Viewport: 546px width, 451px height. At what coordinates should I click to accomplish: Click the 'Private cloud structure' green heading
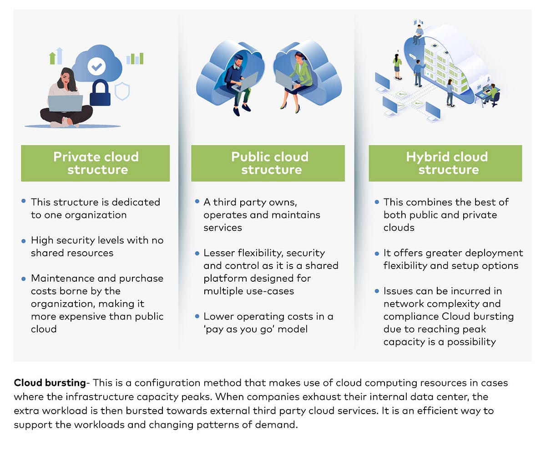tap(96, 163)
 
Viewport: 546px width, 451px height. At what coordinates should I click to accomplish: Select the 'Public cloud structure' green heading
tap(269, 163)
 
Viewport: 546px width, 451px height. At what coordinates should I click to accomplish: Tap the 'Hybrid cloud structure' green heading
tap(447, 163)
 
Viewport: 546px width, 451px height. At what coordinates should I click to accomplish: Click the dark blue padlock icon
tap(100, 93)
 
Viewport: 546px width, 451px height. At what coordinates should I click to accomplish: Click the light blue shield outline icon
tap(122, 91)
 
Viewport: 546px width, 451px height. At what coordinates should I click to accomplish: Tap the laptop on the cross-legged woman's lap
tap(65, 103)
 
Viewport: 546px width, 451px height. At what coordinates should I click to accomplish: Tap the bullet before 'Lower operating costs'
tap(197, 315)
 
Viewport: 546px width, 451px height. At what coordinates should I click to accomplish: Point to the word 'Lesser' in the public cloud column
tap(218, 253)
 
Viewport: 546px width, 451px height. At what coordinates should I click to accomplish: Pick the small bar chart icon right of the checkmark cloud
tap(135, 58)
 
